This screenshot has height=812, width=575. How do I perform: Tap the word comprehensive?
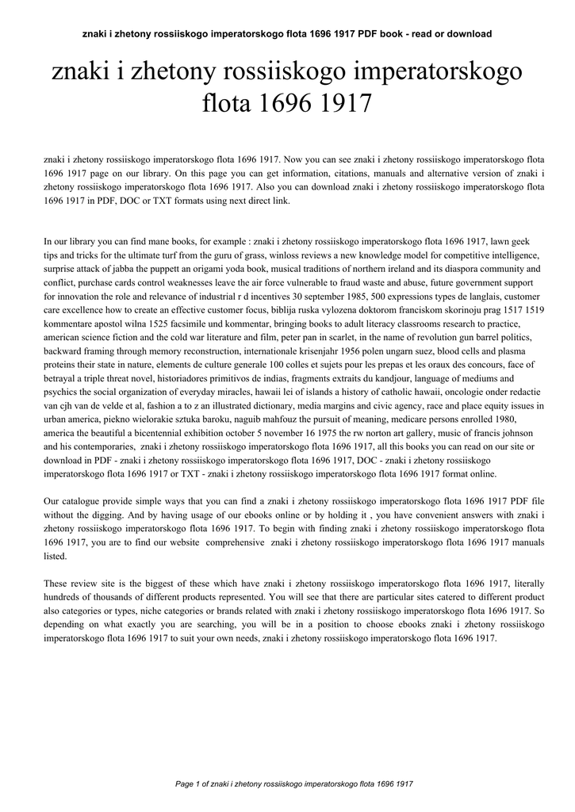pos(235,542)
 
